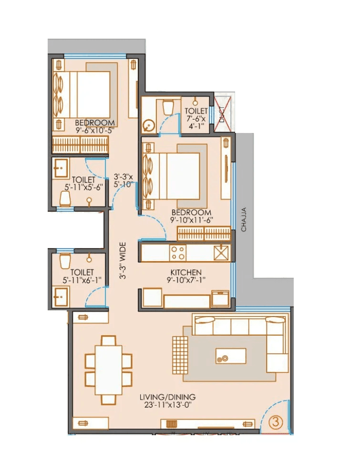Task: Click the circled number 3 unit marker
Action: coord(275,421)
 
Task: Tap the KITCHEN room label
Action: coord(186,272)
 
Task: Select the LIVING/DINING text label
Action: coord(167,397)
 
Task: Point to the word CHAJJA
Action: coord(244,219)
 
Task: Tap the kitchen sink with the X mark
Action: coord(221,252)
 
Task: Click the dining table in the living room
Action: coord(109,369)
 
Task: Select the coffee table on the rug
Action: coord(231,356)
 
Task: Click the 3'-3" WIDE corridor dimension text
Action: coord(123,261)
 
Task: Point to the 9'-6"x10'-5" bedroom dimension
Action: coord(94,130)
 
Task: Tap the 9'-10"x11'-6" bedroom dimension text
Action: coord(191,220)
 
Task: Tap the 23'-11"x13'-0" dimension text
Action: coord(167,405)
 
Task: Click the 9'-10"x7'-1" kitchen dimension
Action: coord(186,280)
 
